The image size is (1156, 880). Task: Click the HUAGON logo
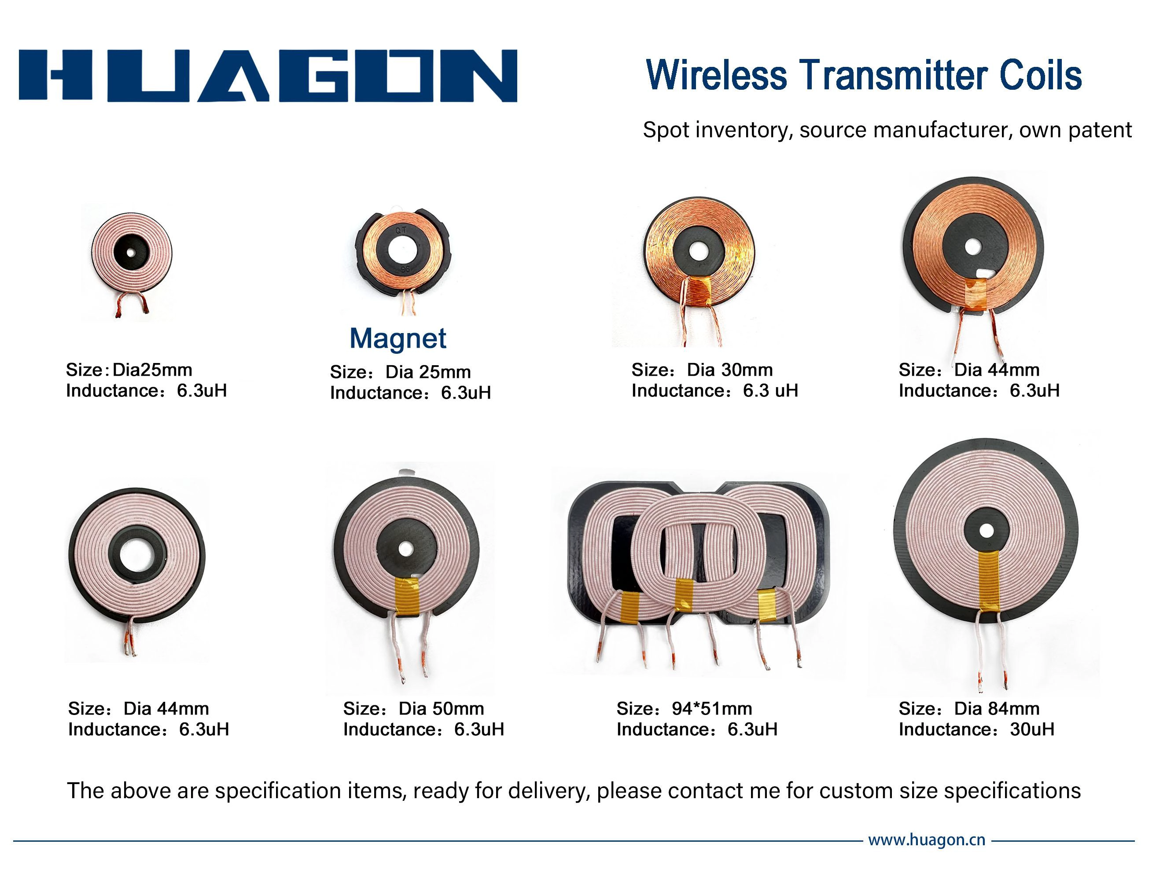click(x=268, y=75)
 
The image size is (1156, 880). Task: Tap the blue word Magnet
click(x=398, y=338)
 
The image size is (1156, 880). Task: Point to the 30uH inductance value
click(x=1032, y=729)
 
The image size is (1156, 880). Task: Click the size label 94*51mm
click(x=712, y=709)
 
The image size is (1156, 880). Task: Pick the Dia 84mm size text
click(x=997, y=709)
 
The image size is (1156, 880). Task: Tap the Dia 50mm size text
click(x=441, y=709)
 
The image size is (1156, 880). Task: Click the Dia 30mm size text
click(x=730, y=370)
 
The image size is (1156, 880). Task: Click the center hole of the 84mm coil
click(x=987, y=531)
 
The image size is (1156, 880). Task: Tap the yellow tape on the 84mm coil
click(x=988, y=581)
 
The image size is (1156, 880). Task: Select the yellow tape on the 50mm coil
click(x=407, y=597)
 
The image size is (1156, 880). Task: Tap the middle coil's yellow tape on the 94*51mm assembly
click(x=684, y=594)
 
